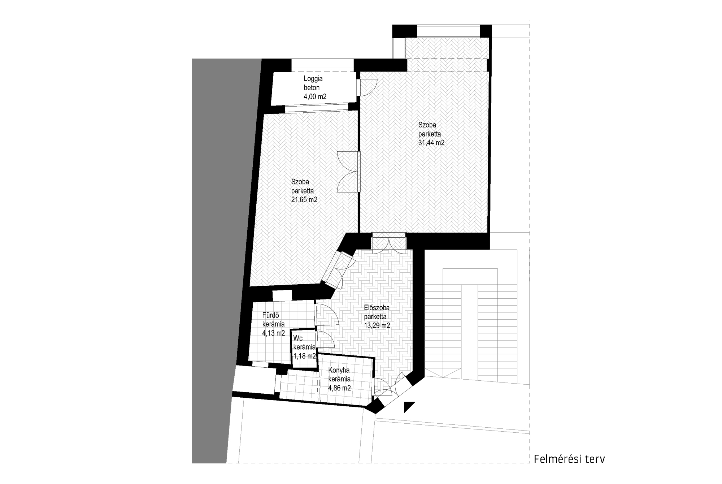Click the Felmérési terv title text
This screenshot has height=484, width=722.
pos(569,459)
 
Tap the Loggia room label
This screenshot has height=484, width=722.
pos(313,79)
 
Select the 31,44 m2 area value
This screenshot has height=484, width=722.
pos(431,143)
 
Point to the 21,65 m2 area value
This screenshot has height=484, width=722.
pos(304,199)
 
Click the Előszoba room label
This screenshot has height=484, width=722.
pos(377,308)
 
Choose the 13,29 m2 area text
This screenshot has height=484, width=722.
pos(377,325)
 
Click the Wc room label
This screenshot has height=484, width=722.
pos(298,338)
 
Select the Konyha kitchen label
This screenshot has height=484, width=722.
pos(339,370)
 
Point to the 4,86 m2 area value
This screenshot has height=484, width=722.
pos(339,388)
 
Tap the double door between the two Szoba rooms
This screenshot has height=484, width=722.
pos(348,172)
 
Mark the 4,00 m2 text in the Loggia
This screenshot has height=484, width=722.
pos(315,96)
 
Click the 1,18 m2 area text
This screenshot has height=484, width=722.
pos(305,356)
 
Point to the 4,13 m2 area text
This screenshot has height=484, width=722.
pos(273,333)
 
